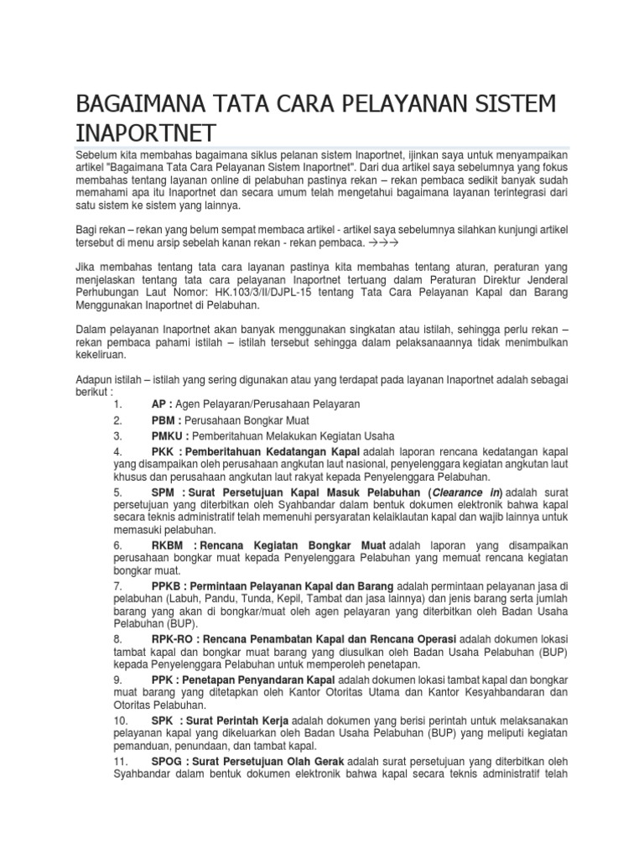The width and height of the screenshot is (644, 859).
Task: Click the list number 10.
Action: [x=120, y=721]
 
